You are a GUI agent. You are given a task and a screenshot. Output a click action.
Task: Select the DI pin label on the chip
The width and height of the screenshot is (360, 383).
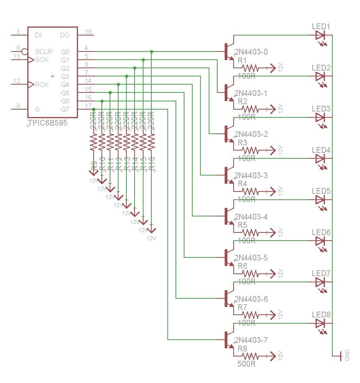point(38,35)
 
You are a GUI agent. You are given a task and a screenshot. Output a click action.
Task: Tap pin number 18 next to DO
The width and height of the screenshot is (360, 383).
point(88,32)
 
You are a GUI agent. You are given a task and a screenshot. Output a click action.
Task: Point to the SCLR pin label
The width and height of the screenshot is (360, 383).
point(43,51)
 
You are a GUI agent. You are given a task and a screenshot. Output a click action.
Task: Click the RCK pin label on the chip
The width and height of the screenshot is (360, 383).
point(42,85)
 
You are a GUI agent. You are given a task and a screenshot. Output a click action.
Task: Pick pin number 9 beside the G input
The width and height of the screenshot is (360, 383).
point(18,105)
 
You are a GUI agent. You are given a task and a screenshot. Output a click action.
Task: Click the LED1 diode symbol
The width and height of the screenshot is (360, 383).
point(321,35)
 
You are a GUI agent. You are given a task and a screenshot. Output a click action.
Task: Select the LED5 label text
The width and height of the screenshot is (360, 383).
point(321,191)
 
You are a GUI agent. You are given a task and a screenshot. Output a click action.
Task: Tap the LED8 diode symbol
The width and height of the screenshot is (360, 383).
point(321,323)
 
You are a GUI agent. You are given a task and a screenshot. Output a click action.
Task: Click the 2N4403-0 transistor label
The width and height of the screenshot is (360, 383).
point(252,52)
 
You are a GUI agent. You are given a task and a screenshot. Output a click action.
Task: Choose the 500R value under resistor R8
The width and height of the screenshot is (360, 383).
point(247,364)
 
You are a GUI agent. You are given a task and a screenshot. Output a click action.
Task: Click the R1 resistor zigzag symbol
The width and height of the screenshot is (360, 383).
point(250,68)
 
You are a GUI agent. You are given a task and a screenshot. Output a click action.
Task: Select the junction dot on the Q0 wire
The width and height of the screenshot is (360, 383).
point(152,51)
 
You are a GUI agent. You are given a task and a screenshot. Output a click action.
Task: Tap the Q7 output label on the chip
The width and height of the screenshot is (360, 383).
point(65,109)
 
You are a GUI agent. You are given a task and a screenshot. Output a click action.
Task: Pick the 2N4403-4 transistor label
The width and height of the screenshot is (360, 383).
point(252,217)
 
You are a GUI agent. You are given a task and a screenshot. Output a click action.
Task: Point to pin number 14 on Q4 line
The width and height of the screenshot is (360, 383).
point(88,81)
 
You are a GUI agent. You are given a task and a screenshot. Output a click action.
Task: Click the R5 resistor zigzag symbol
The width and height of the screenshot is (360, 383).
point(250,232)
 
